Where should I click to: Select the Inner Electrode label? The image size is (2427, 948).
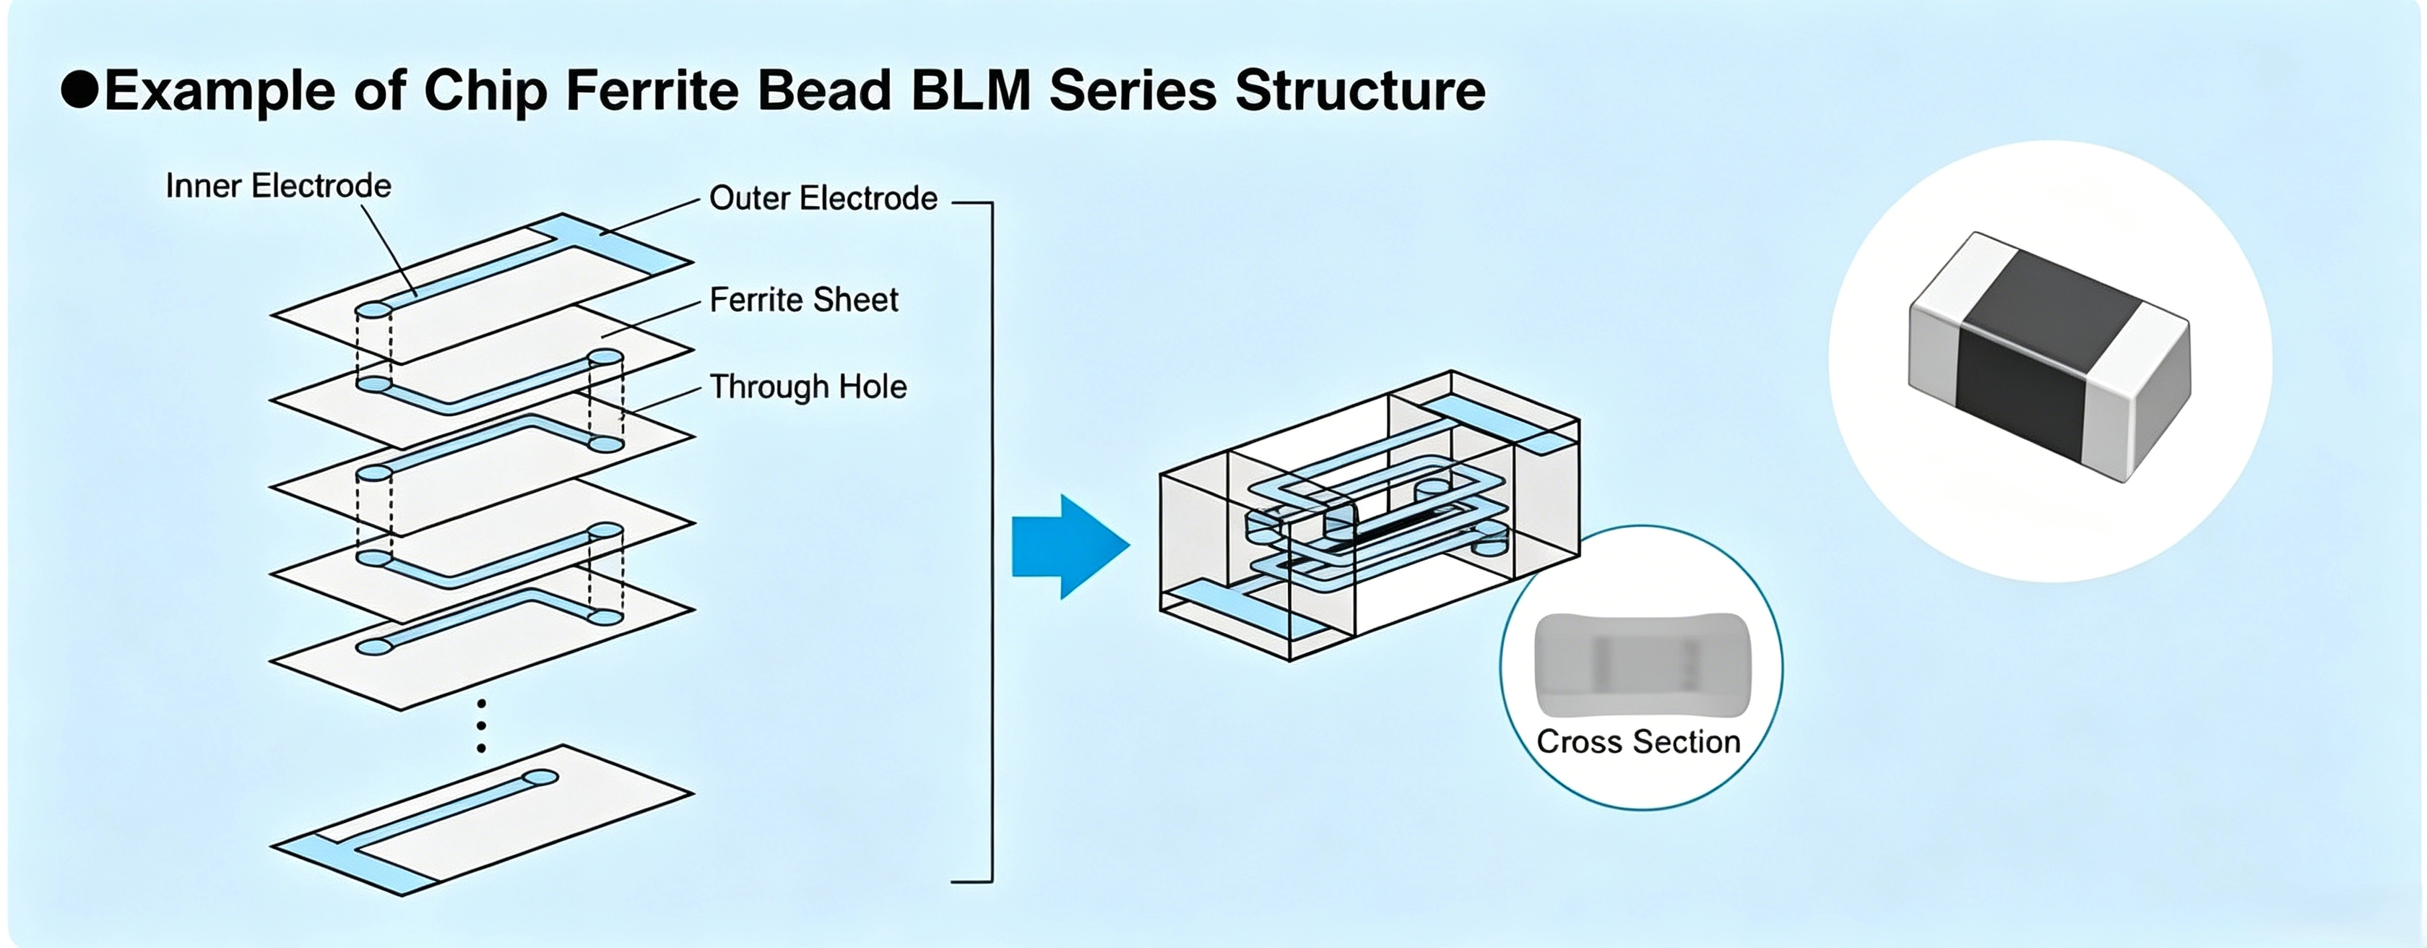[278, 186]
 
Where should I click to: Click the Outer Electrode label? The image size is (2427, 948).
[823, 198]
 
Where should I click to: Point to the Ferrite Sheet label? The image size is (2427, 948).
[804, 300]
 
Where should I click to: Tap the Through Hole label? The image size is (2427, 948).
[808, 387]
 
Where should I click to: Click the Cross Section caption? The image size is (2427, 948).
[1638, 741]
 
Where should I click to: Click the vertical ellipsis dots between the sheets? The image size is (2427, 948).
[482, 725]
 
